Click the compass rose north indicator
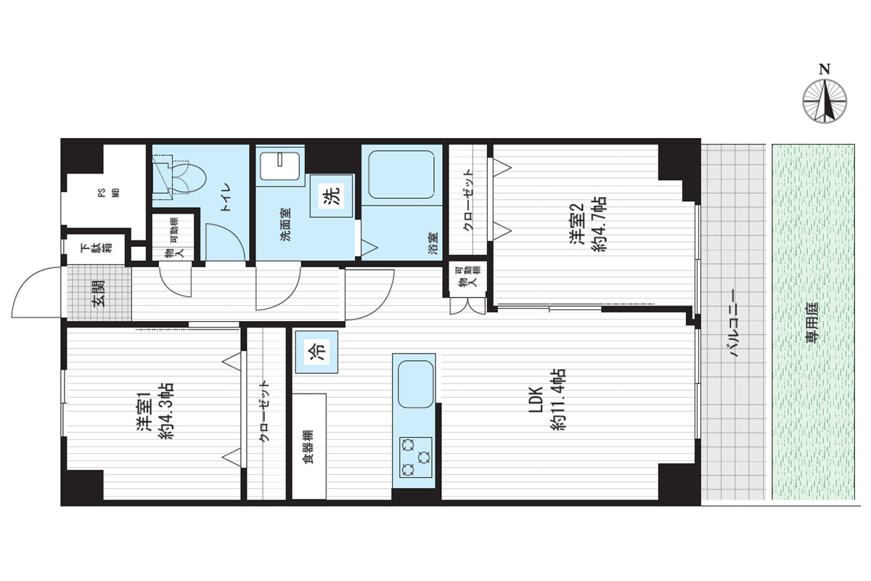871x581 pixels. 825,101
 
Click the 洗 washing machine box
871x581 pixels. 331,196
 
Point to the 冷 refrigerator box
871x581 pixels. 316,352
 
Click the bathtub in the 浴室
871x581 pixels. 401,175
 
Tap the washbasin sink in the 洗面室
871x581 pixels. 279,166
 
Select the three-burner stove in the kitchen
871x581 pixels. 416,458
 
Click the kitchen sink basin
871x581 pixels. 416,384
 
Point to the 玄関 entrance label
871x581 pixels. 99,294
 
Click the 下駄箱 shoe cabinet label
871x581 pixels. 96,248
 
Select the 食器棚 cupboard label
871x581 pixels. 308,447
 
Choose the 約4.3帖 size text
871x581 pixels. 166,411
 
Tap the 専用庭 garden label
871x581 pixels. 812,322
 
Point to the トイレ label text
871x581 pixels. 226,197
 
